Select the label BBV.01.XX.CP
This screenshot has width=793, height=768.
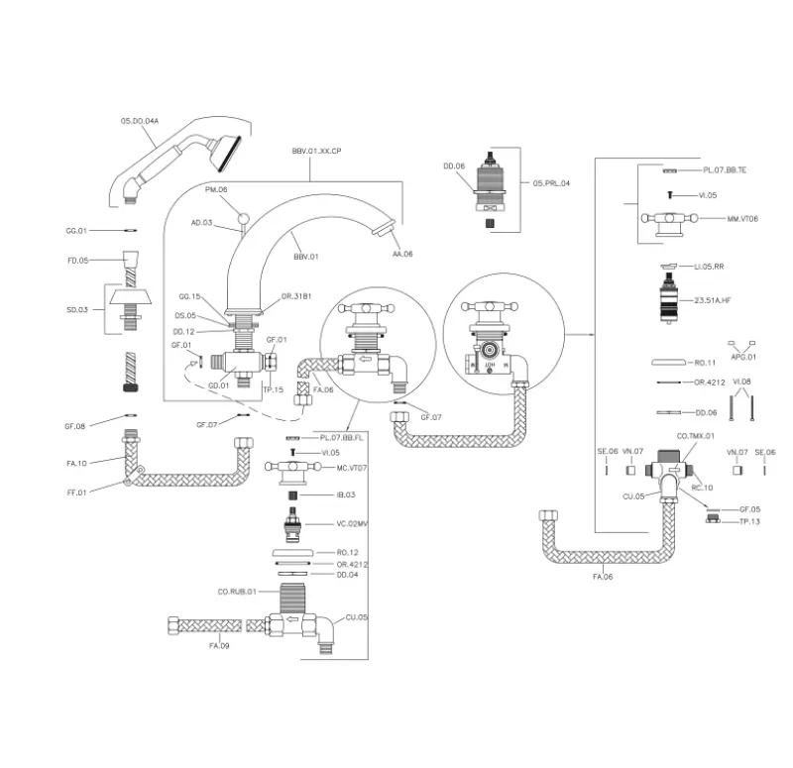coord(316,150)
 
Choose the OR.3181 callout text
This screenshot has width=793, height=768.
coord(296,296)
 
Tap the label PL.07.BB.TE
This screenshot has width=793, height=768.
coord(725,170)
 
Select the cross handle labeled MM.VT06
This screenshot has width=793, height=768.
coord(666,220)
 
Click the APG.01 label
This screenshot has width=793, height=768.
coord(742,357)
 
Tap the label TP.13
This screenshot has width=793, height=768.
coord(748,521)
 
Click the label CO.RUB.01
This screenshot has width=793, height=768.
coord(237,593)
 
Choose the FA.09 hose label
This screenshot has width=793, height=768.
coord(220,646)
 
